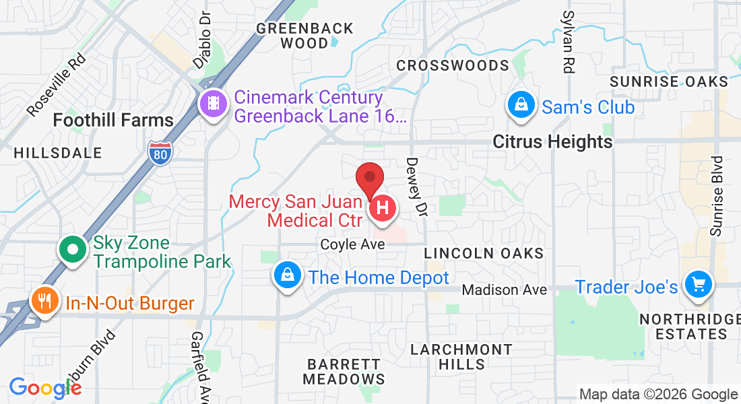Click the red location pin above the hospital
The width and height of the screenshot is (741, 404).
coord(370,178)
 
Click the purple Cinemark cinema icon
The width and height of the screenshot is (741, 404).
coord(214,104)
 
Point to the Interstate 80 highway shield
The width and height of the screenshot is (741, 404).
coord(160,152)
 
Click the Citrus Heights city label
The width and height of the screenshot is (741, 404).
coord(552,141)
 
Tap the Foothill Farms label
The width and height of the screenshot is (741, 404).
coord(113,121)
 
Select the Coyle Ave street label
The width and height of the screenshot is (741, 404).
coord(352,244)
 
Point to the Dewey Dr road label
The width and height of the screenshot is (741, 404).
coord(415,187)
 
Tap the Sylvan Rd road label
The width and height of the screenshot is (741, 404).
coord(569,42)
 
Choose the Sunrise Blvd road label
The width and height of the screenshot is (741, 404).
coord(717,196)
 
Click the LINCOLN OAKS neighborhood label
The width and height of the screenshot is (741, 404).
coord(484,253)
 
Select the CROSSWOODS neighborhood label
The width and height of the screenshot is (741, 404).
coord(452,65)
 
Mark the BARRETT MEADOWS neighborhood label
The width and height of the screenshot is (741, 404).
coord(344,371)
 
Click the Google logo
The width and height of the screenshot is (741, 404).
coord(44,388)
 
